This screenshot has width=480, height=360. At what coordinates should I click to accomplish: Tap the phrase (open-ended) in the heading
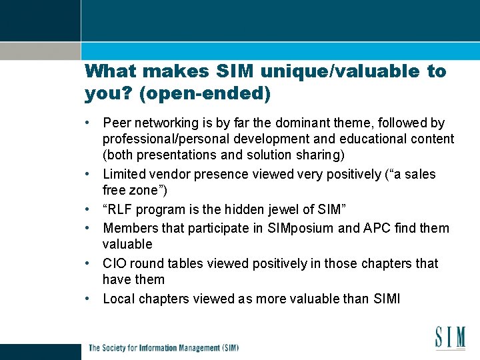point(205,94)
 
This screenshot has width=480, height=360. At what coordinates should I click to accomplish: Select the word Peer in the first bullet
point(117,123)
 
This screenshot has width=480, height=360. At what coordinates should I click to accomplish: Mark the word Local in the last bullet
point(119,299)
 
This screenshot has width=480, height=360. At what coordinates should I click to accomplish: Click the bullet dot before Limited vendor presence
point(89,175)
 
